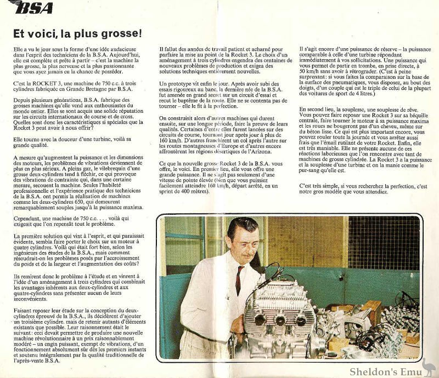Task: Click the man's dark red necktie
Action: tap(239, 280)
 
